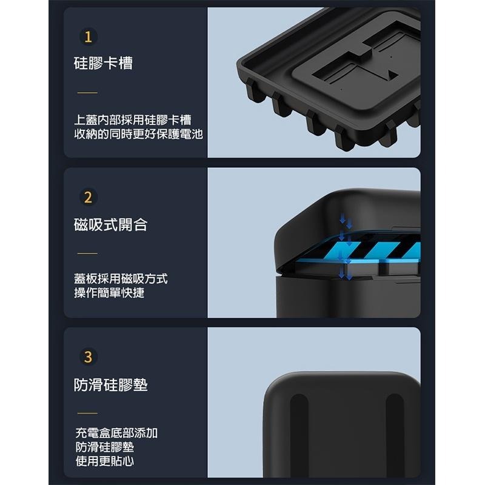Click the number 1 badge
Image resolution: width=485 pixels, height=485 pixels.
88,38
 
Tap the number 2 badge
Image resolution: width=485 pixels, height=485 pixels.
88,198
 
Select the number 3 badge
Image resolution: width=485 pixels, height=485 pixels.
88,357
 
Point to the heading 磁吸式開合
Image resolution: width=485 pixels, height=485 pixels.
110,225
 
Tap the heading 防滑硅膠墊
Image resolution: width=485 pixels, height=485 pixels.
111,385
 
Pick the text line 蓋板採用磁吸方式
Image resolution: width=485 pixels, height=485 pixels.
121,279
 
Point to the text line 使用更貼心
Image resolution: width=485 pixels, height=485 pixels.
105,461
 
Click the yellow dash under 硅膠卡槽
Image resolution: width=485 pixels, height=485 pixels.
87,93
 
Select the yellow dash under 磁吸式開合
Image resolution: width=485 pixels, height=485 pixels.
87,253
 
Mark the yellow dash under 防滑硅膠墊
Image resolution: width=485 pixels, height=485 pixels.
87,413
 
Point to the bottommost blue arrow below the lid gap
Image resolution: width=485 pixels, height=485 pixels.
346,274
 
